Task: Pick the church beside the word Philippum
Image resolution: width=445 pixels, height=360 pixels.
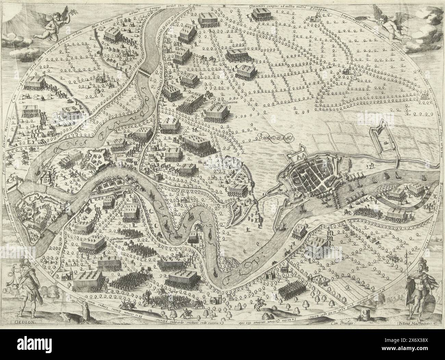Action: tap(312, 20)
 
